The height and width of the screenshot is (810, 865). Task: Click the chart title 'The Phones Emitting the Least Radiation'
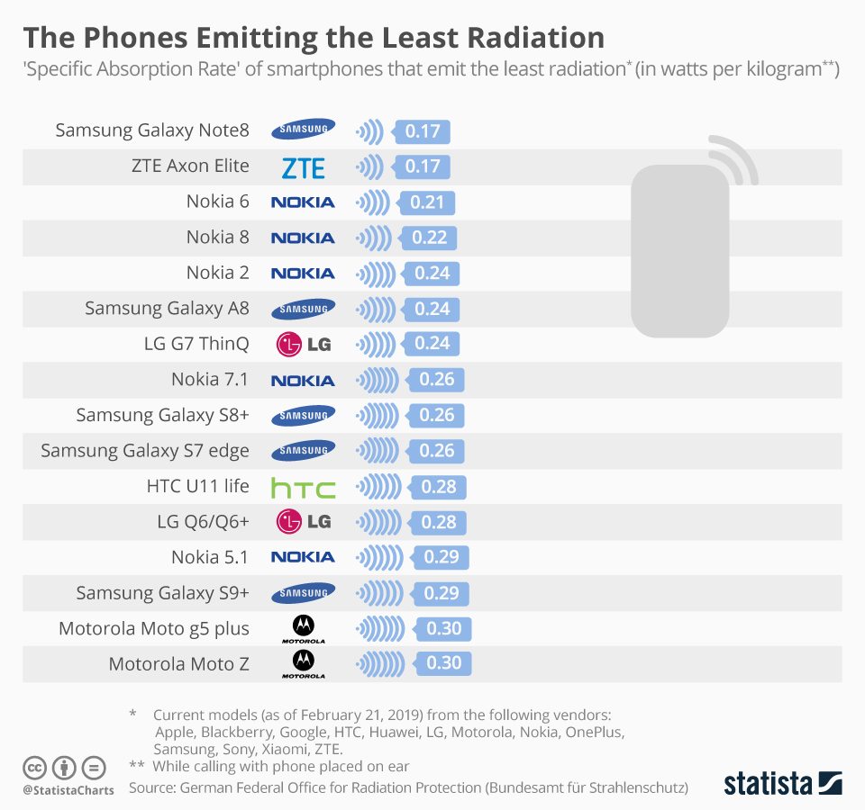click(x=314, y=38)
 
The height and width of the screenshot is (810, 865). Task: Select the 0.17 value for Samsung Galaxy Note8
click(x=422, y=131)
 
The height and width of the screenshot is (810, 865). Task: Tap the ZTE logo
click(x=303, y=167)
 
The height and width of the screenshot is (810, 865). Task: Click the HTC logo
click(x=303, y=488)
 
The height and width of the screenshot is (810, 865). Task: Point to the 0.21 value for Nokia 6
click(x=427, y=202)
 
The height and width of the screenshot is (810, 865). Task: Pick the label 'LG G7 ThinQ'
click(x=196, y=344)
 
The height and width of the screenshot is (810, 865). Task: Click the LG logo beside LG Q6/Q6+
click(x=303, y=522)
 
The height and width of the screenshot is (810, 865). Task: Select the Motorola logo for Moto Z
click(x=303, y=664)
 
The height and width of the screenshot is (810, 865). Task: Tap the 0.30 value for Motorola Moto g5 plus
click(x=442, y=629)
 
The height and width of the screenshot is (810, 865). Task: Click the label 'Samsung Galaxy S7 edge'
click(x=145, y=451)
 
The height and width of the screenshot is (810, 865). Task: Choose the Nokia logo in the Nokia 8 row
click(x=303, y=238)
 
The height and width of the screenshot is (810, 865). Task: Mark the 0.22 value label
click(x=429, y=238)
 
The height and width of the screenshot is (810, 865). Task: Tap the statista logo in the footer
click(x=782, y=782)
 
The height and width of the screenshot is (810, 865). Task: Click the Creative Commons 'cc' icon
click(x=35, y=769)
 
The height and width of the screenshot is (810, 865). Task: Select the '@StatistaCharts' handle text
click(x=68, y=790)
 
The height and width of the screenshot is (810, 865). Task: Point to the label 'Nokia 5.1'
click(x=210, y=557)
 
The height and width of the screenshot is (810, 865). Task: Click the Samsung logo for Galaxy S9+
click(x=303, y=593)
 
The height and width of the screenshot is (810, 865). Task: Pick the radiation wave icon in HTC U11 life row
click(x=378, y=487)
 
